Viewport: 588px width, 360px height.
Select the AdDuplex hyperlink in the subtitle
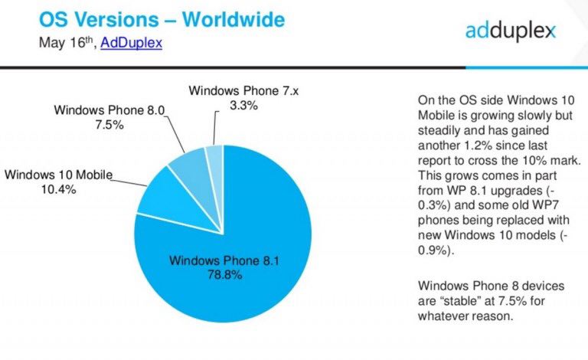(x=131, y=43)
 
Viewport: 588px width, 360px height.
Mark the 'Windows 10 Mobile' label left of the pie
(x=57, y=175)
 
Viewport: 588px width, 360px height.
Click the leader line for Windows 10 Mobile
(x=131, y=181)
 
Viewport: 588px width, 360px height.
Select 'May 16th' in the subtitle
(x=67, y=43)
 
